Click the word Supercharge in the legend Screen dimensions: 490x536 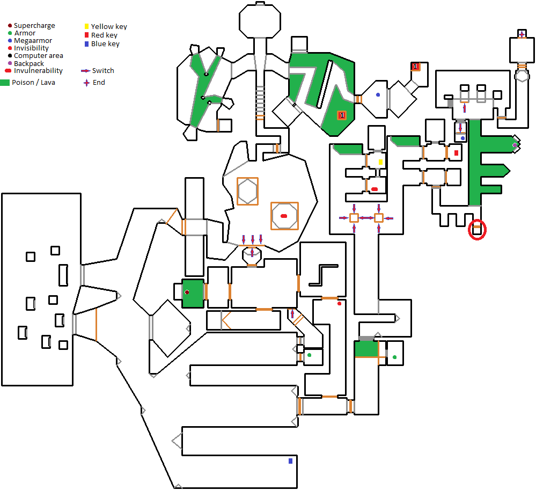coord(34,26)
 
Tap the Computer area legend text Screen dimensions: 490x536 coord(39,56)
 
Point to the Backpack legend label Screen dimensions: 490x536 coord(29,63)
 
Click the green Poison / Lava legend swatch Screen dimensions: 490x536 coord(5,83)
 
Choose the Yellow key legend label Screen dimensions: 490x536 coord(109,26)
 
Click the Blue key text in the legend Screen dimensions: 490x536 coord(105,44)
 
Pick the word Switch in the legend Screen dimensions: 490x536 coord(103,71)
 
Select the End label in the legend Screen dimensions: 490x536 coord(99,83)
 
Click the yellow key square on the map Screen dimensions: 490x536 coord(380,162)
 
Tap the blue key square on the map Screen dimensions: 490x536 coord(290,460)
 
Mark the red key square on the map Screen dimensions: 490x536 coord(457,153)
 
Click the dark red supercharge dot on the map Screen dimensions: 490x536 coord(187,292)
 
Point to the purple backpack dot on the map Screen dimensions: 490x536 coord(515,145)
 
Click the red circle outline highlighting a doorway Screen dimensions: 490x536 coord(477,230)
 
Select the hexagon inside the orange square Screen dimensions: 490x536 coord(247,191)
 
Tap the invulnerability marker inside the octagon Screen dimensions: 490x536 coord(284,216)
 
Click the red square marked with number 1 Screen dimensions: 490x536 coord(415,66)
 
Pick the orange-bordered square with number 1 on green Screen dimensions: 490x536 coord(341,115)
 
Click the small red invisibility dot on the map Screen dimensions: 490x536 coord(339,304)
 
